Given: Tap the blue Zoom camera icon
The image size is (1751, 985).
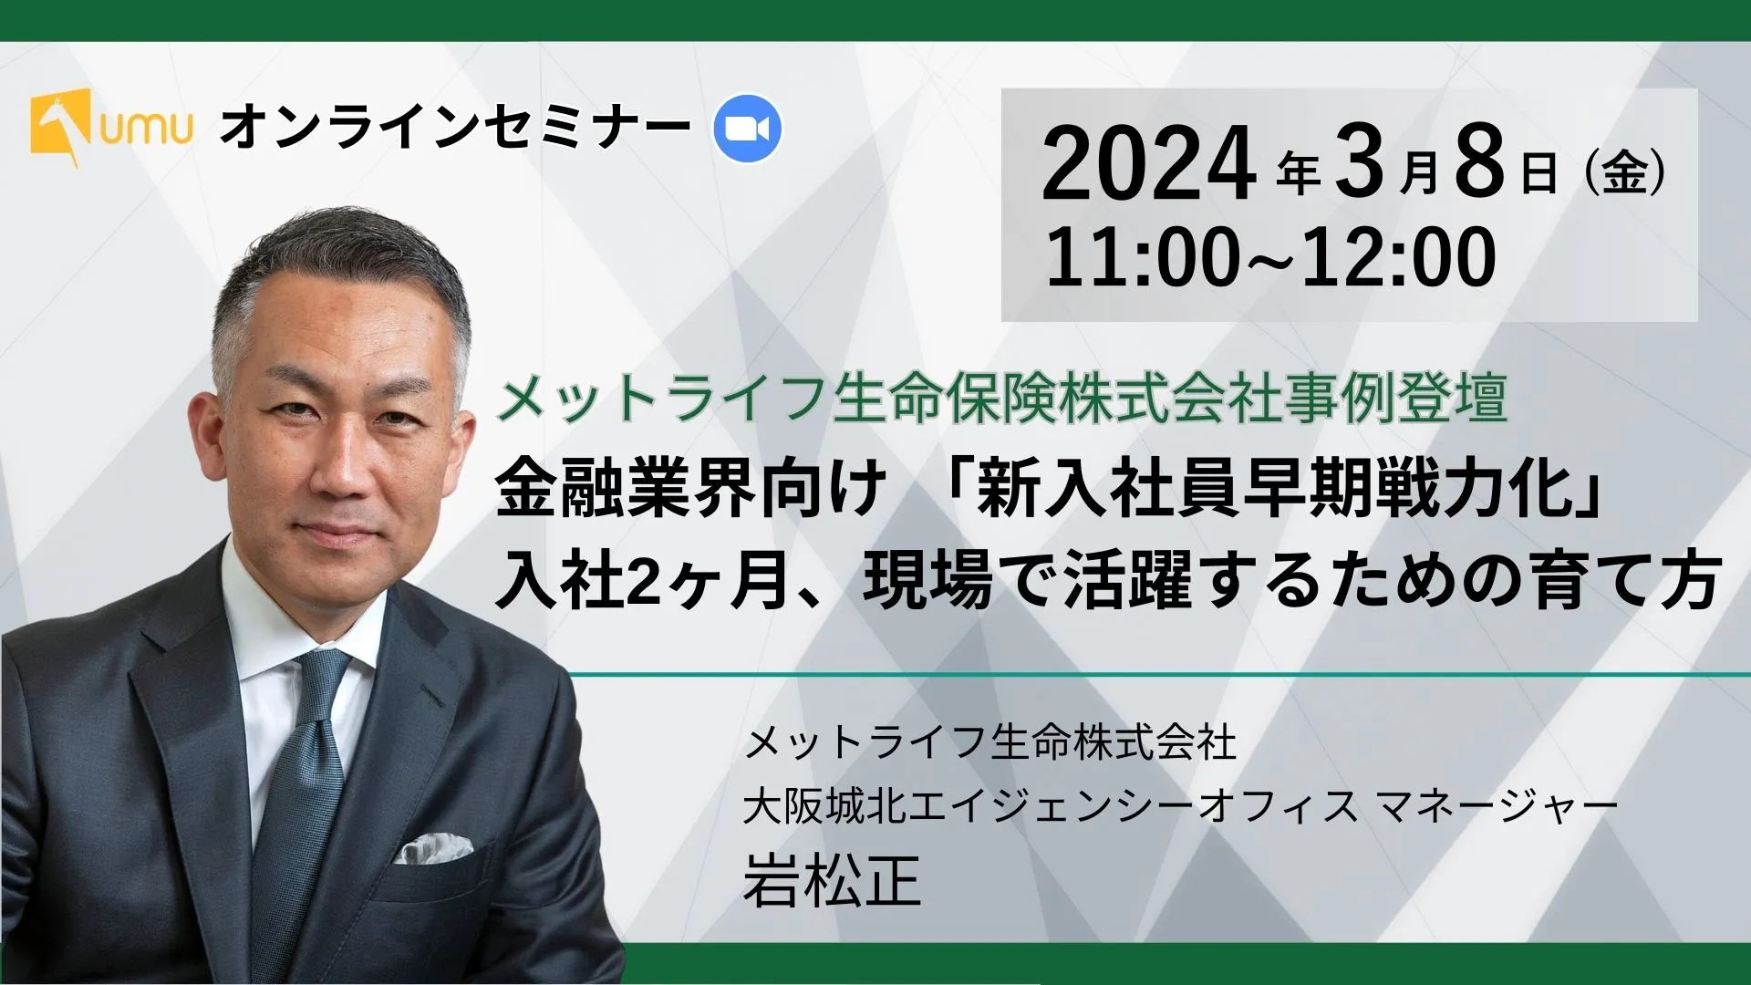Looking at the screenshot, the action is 747,129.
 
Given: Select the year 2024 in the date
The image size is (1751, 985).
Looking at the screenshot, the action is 1148,165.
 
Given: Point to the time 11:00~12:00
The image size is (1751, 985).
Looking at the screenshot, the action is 1270,256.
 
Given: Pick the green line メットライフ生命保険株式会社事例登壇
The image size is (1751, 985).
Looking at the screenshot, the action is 1000,399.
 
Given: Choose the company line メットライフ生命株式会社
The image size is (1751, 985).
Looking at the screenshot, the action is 990,742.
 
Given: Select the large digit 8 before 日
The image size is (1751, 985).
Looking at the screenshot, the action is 1479,165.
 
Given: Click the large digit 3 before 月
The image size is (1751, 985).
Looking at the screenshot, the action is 1360,165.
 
